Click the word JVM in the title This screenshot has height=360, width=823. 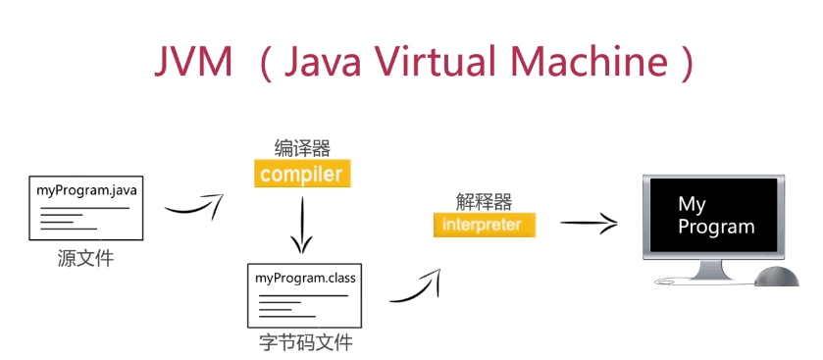coord(193,64)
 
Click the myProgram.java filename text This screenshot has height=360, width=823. coord(86,188)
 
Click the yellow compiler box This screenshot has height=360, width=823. coord(301,175)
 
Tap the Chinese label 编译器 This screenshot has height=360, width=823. coord(301,148)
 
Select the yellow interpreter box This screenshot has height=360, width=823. coord(485,225)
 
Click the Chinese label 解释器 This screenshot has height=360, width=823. coord(485,201)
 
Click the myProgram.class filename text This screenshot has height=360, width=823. coord(306,278)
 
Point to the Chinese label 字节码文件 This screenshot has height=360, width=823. coord(306,343)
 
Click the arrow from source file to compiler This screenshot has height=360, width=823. coord(193,207)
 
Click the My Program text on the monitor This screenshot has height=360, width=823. coord(717,216)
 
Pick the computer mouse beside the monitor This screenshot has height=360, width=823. coord(779,276)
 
